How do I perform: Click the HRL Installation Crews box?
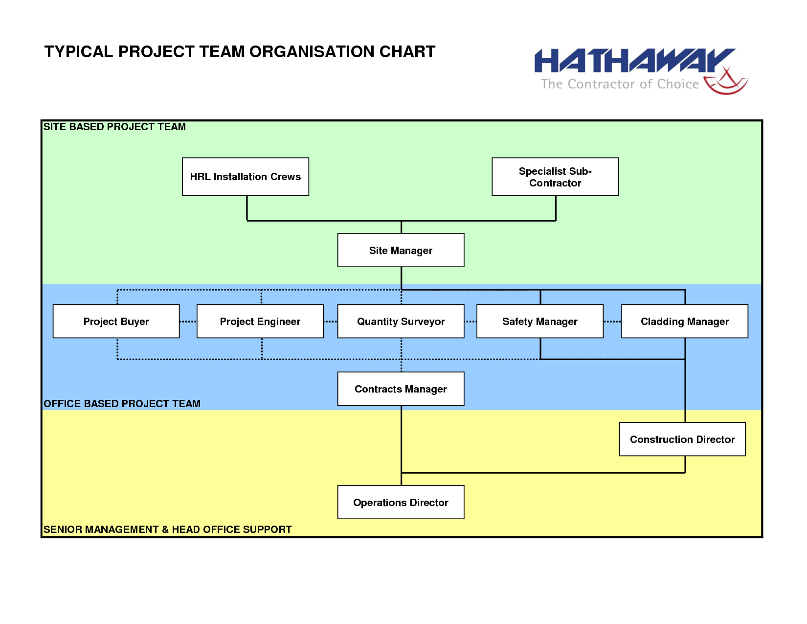(x=246, y=177)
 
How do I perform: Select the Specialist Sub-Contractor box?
(x=555, y=177)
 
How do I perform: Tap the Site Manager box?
(x=401, y=250)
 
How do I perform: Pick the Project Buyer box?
(x=116, y=321)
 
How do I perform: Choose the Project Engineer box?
(x=260, y=321)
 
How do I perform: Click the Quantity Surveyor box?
(x=401, y=321)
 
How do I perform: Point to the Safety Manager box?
(x=540, y=321)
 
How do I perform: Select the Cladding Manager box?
(x=685, y=321)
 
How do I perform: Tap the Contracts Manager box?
(x=401, y=389)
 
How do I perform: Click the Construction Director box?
(x=682, y=439)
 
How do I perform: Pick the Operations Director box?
(x=401, y=502)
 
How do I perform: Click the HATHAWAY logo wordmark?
(x=634, y=60)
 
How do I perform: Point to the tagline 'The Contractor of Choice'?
(x=620, y=84)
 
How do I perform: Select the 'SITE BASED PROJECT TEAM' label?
(x=114, y=127)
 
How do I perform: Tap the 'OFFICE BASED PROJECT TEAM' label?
(x=122, y=404)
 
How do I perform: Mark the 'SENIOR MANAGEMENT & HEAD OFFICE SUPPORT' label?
(x=167, y=529)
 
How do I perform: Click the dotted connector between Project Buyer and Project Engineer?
(x=188, y=322)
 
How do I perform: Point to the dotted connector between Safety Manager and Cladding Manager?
(x=612, y=322)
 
